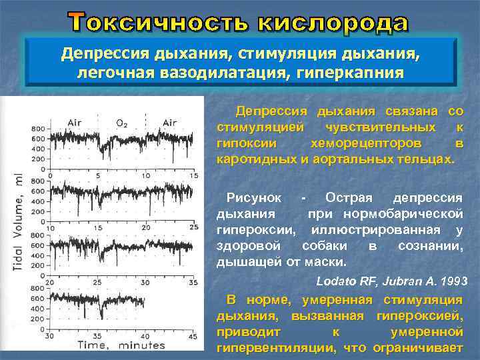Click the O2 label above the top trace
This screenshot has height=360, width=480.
tap(122, 123)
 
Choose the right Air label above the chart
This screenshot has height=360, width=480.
tap(169, 123)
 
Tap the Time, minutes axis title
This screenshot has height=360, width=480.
tap(121, 345)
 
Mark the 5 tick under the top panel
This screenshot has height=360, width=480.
tap(98, 175)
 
